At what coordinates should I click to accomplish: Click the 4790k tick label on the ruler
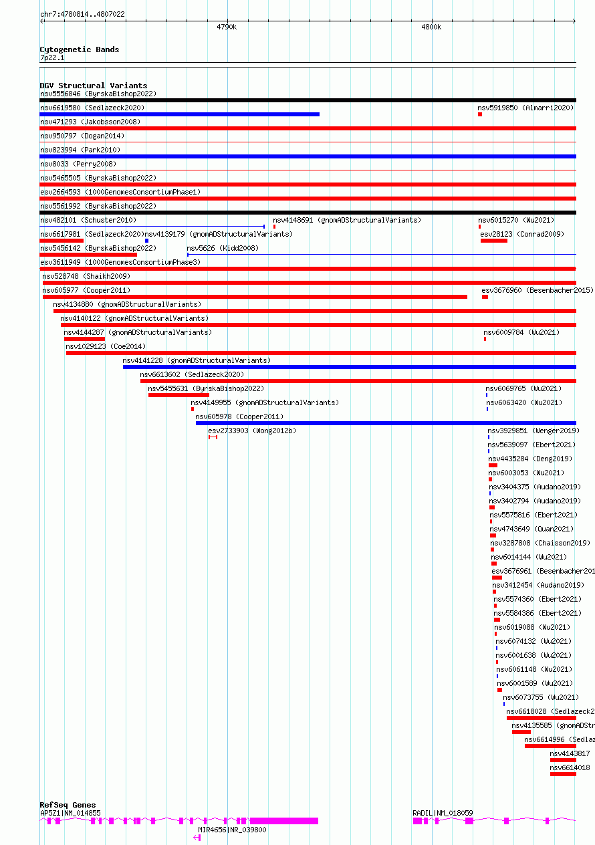pyautogui.click(x=227, y=27)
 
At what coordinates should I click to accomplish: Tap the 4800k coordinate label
pyautogui.click(x=431, y=27)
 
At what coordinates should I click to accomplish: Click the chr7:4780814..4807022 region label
pyautogui.click(x=82, y=14)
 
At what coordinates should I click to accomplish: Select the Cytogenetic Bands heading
pyautogui.click(x=79, y=49)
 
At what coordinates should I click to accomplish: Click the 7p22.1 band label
pyautogui.click(x=52, y=58)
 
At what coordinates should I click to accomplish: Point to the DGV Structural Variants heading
pyautogui.click(x=93, y=86)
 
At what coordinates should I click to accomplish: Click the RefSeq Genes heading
pyautogui.click(x=68, y=805)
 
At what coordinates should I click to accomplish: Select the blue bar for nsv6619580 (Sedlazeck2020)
pyautogui.click(x=179, y=114)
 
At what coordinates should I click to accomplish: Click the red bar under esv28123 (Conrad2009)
pyautogui.click(x=493, y=241)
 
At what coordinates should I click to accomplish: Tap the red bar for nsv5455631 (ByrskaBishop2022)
pyautogui.click(x=178, y=395)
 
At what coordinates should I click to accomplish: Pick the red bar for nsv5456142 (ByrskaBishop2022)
pyautogui.click(x=88, y=255)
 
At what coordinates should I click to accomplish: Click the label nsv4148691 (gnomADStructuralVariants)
pyautogui.click(x=347, y=220)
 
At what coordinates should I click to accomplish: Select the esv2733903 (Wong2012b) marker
pyautogui.click(x=213, y=437)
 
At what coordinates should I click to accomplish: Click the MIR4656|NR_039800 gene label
pyautogui.click(x=232, y=830)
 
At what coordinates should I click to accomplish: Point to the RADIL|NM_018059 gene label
pyautogui.click(x=443, y=813)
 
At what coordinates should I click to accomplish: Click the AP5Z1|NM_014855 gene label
pyautogui.click(x=70, y=813)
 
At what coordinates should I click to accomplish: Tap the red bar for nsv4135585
pyautogui.click(x=521, y=732)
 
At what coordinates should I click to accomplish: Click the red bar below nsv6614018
pyautogui.click(x=563, y=774)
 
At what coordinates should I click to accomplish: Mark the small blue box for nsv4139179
pyautogui.click(x=146, y=241)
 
